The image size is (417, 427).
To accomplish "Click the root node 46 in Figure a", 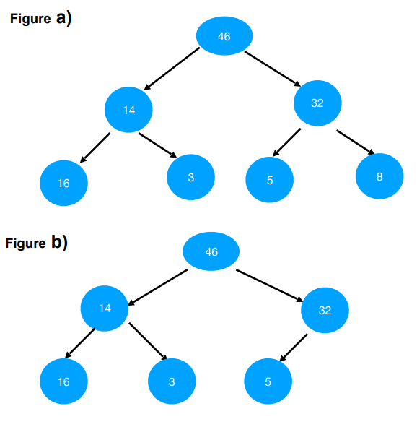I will point(224,36).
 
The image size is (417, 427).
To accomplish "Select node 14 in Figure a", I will point(129,110).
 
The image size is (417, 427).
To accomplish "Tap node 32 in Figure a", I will point(317,103).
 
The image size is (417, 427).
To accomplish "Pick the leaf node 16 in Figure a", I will point(64,183).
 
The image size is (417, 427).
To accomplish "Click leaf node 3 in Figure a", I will point(190,176).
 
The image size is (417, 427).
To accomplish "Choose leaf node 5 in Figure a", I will point(270,179).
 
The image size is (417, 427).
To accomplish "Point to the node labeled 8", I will point(379,176).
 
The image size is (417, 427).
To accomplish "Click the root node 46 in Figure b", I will point(211,251).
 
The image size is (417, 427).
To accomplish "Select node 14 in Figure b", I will point(105,309).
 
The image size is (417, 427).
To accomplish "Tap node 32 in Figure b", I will point(325,310).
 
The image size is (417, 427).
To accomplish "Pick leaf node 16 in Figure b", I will point(63,381).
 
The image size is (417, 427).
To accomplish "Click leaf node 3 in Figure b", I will point(172,381).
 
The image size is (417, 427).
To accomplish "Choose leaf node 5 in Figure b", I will point(268,381).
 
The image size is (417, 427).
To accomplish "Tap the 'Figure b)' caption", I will point(36,243).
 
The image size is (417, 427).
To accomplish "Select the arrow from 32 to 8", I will point(355,142).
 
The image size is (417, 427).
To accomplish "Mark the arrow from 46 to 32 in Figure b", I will point(268,285).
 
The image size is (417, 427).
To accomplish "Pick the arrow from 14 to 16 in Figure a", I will point(95,147).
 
